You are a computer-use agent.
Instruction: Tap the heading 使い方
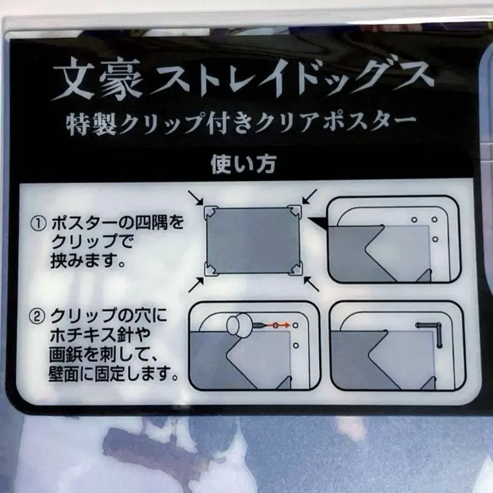click(x=243, y=164)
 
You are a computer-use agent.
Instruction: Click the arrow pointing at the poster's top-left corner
click(x=196, y=198)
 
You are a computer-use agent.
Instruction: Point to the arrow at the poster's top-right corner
click(x=309, y=197)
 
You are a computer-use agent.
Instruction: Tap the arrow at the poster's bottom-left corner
click(x=196, y=285)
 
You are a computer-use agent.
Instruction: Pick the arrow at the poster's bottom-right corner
click(x=312, y=284)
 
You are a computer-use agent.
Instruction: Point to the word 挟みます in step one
click(x=84, y=261)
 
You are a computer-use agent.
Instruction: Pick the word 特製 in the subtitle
click(x=91, y=124)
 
